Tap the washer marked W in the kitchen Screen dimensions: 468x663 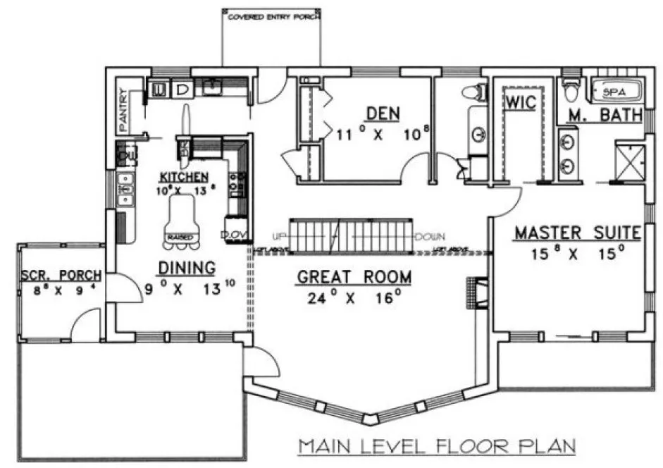pyautogui.click(x=159, y=90)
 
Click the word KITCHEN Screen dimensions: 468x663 pyautogui.click(x=183, y=176)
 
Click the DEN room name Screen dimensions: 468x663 pyautogui.click(x=383, y=113)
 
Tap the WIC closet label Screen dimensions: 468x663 pyautogui.click(x=520, y=103)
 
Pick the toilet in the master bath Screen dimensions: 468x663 pyautogui.click(x=570, y=91)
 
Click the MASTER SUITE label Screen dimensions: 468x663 pyautogui.click(x=576, y=232)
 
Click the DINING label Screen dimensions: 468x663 pyautogui.click(x=186, y=267)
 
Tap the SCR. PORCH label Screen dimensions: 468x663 pyautogui.click(x=61, y=275)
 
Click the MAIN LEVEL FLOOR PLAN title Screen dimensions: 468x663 pyautogui.click(x=436, y=446)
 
